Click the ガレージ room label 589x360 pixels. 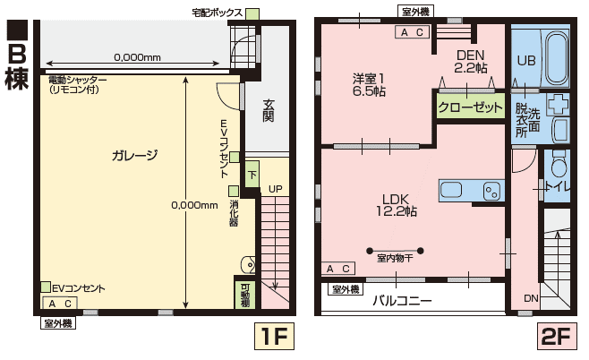(x=134, y=155)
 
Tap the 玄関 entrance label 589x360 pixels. (x=268, y=111)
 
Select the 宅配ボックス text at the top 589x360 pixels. (x=216, y=13)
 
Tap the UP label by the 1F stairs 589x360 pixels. (x=275, y=189)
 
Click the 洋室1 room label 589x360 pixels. (x=368, y=83)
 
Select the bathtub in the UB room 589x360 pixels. (x=556, y=56)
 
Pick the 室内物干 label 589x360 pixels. (x=394, y=259)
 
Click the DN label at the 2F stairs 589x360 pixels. (x=531, y=298)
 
